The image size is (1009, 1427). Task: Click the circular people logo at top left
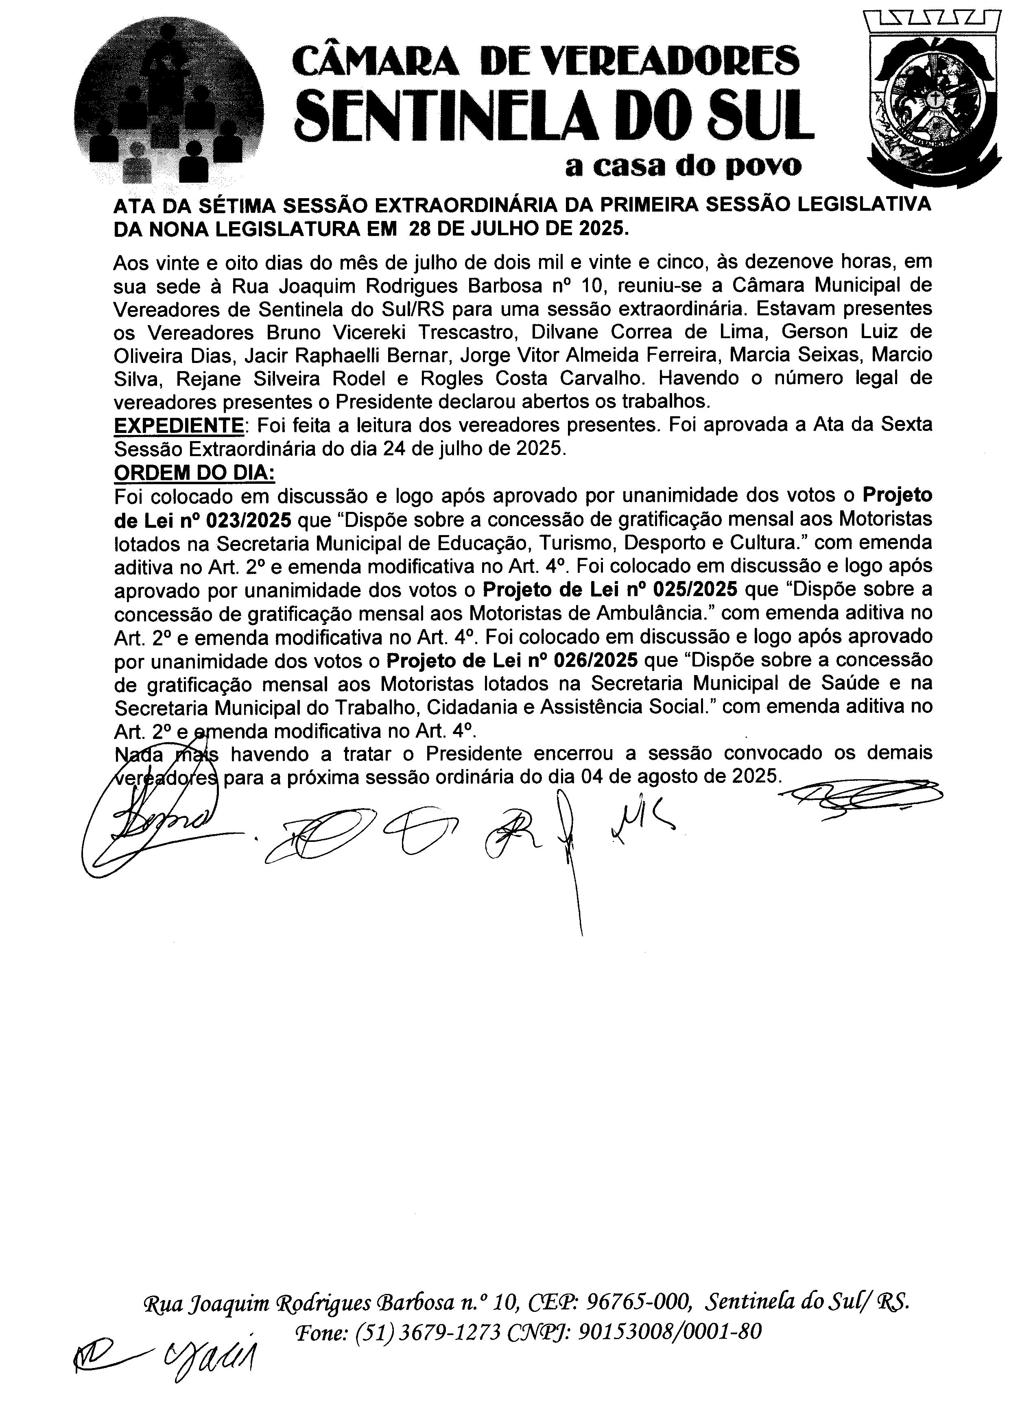(169, 106)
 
